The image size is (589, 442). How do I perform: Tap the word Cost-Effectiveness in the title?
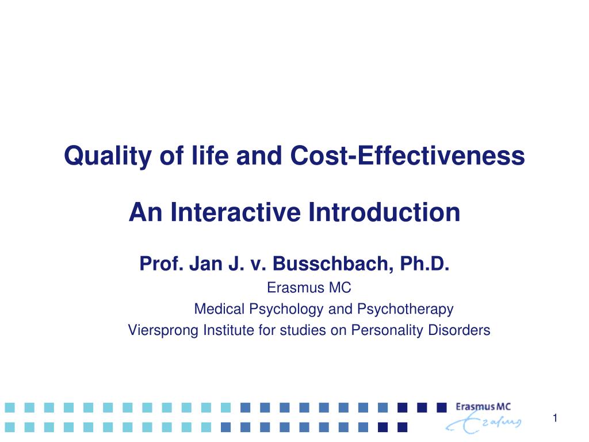[408, 155]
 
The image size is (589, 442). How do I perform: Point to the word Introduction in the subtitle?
[384, 212]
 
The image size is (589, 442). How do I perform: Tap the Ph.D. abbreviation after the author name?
[425, 264]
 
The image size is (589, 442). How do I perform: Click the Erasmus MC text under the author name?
[309, 288]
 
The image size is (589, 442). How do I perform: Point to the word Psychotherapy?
[406, 309]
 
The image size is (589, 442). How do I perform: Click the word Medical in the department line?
[219, 309]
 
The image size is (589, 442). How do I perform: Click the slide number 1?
[555, 418]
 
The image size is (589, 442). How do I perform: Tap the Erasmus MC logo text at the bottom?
[483, 407]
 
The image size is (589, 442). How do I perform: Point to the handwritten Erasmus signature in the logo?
[484, 422]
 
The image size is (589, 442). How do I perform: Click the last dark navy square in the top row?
[442, 407]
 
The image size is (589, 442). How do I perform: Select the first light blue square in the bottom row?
[10, 427]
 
